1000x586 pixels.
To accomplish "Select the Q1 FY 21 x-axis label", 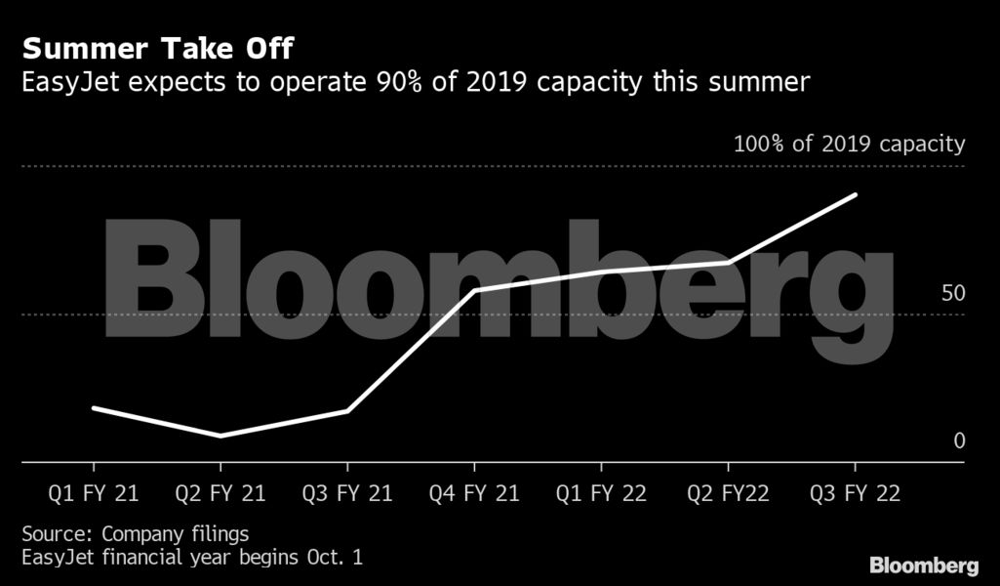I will tap(93, 493).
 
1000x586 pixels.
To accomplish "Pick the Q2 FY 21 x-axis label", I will tap(220, 493).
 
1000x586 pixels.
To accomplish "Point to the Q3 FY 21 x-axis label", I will tap(347, 493).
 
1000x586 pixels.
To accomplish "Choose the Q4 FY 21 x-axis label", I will tap(474, 493).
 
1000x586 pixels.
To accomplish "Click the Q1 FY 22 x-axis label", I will tap(601, 493).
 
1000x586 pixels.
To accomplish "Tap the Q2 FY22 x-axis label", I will tap(728, 493).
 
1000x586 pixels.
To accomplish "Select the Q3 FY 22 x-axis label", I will tap(856, 493).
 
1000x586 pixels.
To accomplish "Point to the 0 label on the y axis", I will tap(958, 441).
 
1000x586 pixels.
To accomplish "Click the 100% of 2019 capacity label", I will tap(848, 145).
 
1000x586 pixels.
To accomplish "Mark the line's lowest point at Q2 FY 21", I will tap(220, 436).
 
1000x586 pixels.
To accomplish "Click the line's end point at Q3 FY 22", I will tap(856, 195).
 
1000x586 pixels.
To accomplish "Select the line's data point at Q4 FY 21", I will tap(474, 290).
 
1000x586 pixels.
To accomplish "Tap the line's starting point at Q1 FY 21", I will tap(94, 407).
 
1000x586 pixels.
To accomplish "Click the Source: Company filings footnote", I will tap(135, 534).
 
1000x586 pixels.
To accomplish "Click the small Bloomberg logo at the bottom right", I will tap(923, 565).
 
